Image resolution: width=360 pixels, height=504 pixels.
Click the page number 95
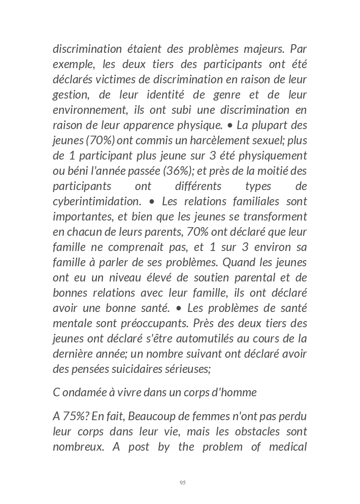click(182, 483)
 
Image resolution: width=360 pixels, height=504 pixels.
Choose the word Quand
click(239, 263)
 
